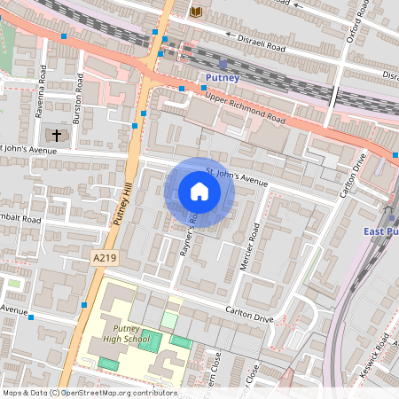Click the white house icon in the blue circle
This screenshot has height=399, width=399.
pos(199,192)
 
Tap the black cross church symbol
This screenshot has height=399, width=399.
pos(58,136)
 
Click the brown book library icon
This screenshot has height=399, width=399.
pos(195,10)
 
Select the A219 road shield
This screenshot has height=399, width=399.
pos(105,257)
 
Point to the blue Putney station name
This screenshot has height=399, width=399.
pos(222,79)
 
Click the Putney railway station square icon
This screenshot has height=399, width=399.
pos(223,64)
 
